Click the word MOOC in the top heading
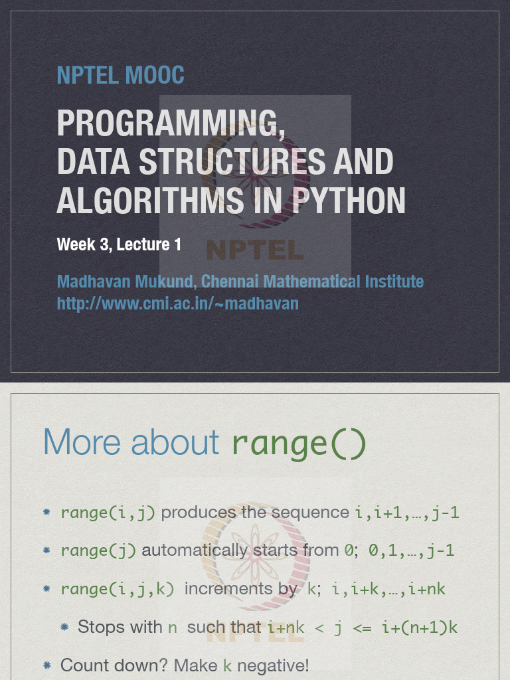154,75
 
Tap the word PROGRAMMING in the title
171,123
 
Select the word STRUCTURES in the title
232,161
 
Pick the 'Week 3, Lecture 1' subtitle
119,244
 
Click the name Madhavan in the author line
94,282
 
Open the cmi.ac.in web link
178,303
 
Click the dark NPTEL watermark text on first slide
255,250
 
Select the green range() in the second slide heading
299,443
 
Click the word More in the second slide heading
82,442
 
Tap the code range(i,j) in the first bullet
108,513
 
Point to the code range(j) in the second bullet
98,551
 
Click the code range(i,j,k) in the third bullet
118,590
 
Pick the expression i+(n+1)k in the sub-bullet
420,628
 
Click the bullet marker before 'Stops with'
64,627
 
